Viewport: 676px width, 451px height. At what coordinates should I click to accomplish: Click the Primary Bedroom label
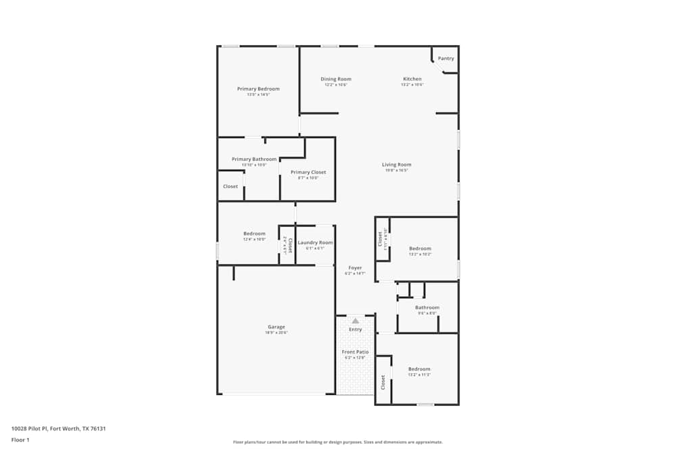258,89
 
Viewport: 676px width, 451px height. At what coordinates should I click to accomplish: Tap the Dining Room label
336,79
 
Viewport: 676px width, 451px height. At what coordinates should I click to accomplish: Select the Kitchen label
412,79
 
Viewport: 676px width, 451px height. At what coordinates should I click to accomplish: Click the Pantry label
446,58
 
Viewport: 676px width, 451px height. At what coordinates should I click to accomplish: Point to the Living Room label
397,164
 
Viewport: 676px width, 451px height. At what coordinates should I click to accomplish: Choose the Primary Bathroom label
254,159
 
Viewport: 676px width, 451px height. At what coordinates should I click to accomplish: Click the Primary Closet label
308,172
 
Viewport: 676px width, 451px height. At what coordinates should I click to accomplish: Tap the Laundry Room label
315,242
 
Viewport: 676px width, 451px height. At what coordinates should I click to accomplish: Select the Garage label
276,327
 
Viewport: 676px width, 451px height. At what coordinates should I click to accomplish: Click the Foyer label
355,268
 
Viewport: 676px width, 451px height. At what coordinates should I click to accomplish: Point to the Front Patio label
355,352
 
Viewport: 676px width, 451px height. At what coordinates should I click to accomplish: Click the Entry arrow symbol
355,321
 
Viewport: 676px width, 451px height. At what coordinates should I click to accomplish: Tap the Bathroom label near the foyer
427,307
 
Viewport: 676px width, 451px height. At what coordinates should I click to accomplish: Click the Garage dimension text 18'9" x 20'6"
276,333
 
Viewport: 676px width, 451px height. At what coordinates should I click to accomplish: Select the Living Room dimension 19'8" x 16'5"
397,170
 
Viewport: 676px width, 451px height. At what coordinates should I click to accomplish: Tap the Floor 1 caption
20,440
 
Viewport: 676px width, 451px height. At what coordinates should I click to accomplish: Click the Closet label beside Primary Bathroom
231,186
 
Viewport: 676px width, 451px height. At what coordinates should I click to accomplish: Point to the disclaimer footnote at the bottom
338,442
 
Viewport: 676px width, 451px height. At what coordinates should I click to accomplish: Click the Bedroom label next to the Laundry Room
254,233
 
